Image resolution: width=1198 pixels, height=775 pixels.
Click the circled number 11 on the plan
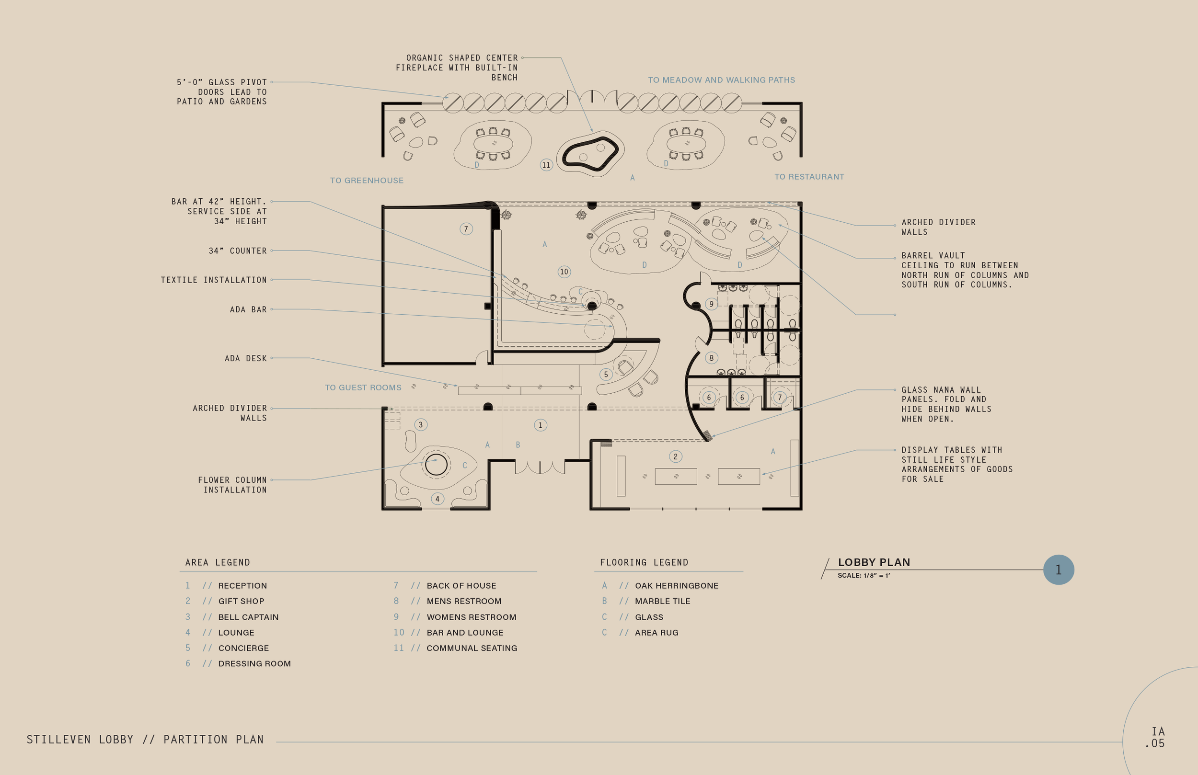[546, 165]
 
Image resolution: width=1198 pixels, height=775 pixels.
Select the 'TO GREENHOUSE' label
[367, 181]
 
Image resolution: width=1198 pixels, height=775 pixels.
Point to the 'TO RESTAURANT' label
[809, 177]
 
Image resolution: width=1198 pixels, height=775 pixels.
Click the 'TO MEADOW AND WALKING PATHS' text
[722, 80]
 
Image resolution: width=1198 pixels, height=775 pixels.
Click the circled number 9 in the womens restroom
[711, 304]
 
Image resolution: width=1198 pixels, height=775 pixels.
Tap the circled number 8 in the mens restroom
[711, 358]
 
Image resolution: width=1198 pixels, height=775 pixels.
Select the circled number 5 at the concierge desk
[606, 375]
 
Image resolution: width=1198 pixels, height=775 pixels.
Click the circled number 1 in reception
[541, 425]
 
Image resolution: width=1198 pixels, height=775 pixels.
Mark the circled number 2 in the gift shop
[676, 456]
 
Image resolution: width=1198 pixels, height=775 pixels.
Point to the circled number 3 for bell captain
[421, 425]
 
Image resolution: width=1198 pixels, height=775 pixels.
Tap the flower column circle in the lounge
[436, 454]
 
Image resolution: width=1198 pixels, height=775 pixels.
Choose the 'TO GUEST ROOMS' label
[363, 387]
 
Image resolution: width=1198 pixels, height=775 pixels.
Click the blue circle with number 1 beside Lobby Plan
[1059, 570]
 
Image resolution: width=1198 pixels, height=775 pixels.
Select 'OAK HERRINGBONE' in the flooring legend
[677, 586]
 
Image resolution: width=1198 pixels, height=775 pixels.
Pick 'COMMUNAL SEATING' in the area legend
[472, 648]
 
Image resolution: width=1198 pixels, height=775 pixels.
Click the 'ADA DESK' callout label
[246, 358]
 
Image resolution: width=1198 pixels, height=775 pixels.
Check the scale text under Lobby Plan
[864, 576]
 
